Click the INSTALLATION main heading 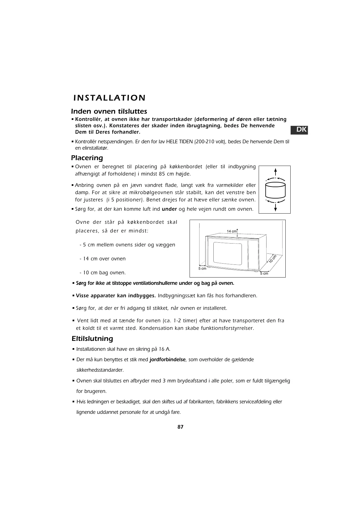coord(109,98)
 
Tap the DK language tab coord(299,130)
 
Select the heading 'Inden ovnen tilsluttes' coord(109,111)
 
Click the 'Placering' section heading coord(87,158)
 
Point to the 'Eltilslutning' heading coord(92,339)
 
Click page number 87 coord(180,427)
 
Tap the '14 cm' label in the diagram coord(232,231)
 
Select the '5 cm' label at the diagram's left coord(202,269)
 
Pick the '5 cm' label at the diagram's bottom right coord(264,273)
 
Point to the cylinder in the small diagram coord(275,189)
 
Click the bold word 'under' coord(169,209)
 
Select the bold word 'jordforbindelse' coord(167,359)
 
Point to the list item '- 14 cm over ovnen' coord(102,259)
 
